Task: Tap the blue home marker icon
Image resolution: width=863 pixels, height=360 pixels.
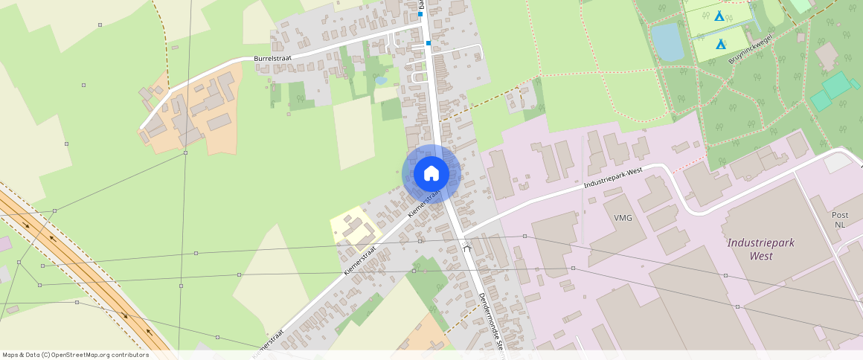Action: point(431,173)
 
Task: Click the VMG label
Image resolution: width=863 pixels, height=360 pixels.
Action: point(623,219)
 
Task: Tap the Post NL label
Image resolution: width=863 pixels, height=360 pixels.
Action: point(839,219)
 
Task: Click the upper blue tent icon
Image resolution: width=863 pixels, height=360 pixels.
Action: point(719,16)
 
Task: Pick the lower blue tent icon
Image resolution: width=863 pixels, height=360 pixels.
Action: point(720,45)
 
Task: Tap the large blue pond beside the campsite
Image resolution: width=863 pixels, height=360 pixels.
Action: point(667,41)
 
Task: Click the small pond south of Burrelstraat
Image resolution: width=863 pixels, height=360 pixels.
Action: point(381,80)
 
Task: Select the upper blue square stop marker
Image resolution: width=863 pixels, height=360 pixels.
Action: point(420,14)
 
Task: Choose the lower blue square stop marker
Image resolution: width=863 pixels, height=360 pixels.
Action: point(429,44)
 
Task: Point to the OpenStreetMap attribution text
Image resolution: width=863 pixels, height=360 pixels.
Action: point(76,355)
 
